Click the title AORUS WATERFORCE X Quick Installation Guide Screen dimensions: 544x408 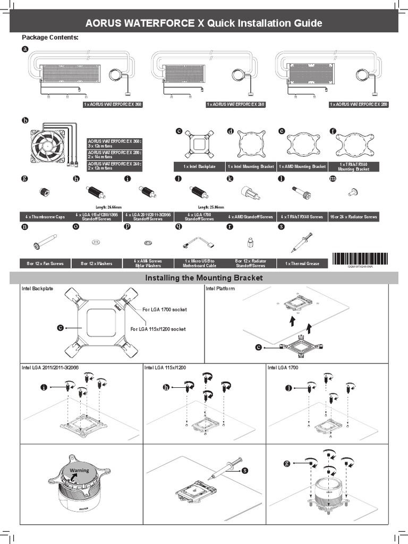[204, 23]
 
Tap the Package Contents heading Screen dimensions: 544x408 [50, 38]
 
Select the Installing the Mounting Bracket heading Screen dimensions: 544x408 [204, 278]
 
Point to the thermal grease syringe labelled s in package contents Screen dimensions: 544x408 [300, 242]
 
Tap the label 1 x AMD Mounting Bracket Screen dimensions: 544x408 [302, 166]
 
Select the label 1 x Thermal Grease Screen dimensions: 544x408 [302, 263]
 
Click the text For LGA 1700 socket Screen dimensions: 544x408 [165, 309]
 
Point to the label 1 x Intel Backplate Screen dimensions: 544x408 [199, 166]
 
